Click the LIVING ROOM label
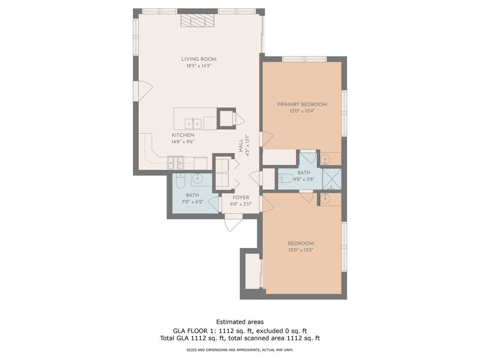(199, 59)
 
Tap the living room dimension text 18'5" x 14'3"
(199, 66)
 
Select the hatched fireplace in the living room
(197, 21)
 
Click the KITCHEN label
(183, 135)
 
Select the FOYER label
(241, 198)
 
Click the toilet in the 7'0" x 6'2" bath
(180, 181)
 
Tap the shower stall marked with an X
(332, 179)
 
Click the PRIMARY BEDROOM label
(302, 105)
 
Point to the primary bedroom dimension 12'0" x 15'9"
(302, 111)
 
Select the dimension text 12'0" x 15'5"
(301, 250)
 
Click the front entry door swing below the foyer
(233, 224)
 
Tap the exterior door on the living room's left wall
(143, 91)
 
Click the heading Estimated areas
(240, 322)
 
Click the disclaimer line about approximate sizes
(240, 350)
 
